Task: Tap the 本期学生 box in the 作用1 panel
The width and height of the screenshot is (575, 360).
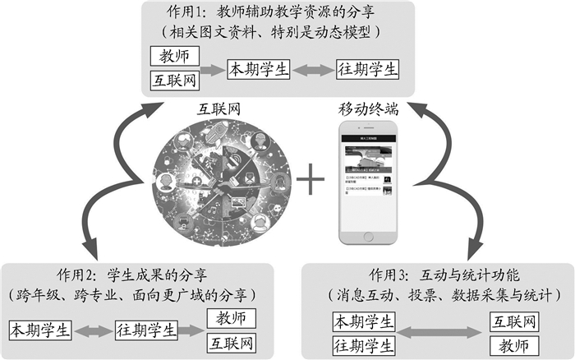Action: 258,69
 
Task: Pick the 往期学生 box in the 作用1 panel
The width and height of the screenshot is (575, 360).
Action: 366,69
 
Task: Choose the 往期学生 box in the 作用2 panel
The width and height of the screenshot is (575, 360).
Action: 145,330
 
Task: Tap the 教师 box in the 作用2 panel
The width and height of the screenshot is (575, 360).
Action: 231,318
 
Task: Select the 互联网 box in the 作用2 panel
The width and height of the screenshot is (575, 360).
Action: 231,342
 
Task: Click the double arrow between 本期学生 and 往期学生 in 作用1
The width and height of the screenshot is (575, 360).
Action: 312,69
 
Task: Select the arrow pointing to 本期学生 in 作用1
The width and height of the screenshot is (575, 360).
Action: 214,69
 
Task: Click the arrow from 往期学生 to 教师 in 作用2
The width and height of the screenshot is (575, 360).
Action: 194,330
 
